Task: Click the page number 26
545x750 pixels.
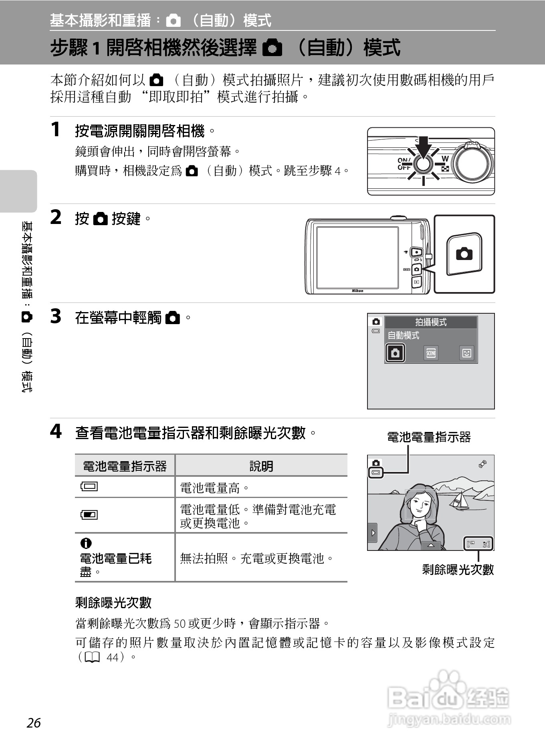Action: pyautogui.click(x=34, y=723)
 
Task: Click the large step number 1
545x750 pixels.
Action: pyautogui.click(x=55, y=129)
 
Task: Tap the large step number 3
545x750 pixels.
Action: pyautogui.click(x=56, y=316)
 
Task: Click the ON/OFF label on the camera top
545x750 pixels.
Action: pyautogui.click(x=404, y=164)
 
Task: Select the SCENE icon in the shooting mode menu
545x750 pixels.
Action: pyautogui.click(x=431, y=353)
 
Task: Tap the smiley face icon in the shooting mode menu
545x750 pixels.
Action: pyautogui.click(x=466, y=353)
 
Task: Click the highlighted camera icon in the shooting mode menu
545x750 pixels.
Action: pyautogui.click(x=395, y=353)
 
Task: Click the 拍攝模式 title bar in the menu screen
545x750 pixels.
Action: pyautogui.click(x=431, y=322)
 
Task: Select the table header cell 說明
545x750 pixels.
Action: pyautogui.click(x=261, y=466)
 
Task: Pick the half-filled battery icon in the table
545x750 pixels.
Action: pyautogui.click(x=89, y=514)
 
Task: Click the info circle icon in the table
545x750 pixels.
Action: pyautogui.click(x=86, y=543)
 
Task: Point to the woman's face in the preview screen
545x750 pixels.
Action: pyautogui.click(x=420, y=503)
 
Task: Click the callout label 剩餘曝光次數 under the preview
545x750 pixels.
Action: pyautogui.click(x=458, y=569)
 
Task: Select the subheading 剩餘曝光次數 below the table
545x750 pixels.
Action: pyautogui.click(x=113, y=602)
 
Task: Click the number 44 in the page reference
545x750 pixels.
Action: pyautogui.click(x=113, y=657)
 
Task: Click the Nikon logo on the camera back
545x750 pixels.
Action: pyautogui.click(x=357, y=291)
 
